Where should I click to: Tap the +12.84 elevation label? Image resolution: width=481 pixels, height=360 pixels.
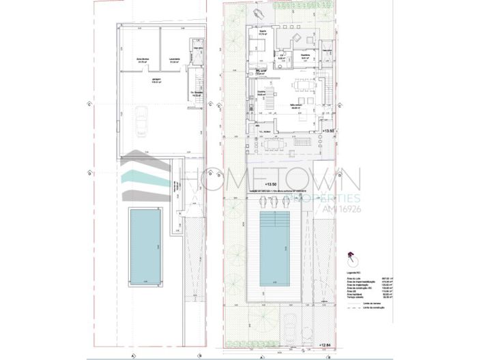[331, 346]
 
